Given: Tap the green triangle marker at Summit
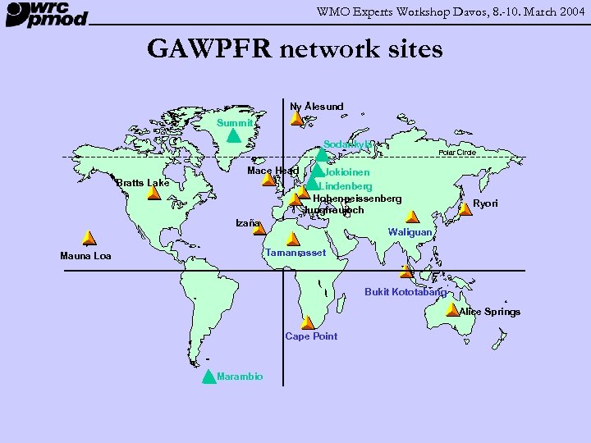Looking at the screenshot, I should pyautogui.click(x=233, y=135).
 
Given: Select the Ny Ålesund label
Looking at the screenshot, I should pyautogui.click(x=317, y=106).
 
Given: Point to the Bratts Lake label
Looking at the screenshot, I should pyautogui.click(x=143, y=182).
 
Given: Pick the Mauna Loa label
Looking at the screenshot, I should pyautogui.click(x=85, y=256).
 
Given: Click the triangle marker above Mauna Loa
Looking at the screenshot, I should pyautogui.click(x=86, y=239).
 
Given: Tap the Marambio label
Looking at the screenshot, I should pyautogui.click(x=241, y=376).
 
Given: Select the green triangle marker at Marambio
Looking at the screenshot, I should pyautogui.click(x=208, y=377).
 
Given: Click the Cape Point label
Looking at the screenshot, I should pyautogui.click(x=311, y=336).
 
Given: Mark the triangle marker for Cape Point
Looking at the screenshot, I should pyautogui.click(x=307, y=322).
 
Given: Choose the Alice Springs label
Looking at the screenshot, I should pyautogui.click(x=489, y=311).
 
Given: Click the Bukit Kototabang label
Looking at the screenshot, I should pyautogui.click(x=405, y=292).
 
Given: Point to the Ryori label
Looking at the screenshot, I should pyautogui.click(x=485, y=203).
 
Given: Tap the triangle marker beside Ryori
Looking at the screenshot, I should pyautogui.click(x=465, y=208).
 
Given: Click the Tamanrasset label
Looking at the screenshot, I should pyautogui.click(x=295, y=253).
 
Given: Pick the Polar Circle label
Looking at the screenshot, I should pyautogui.click(x=457, y=153).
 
